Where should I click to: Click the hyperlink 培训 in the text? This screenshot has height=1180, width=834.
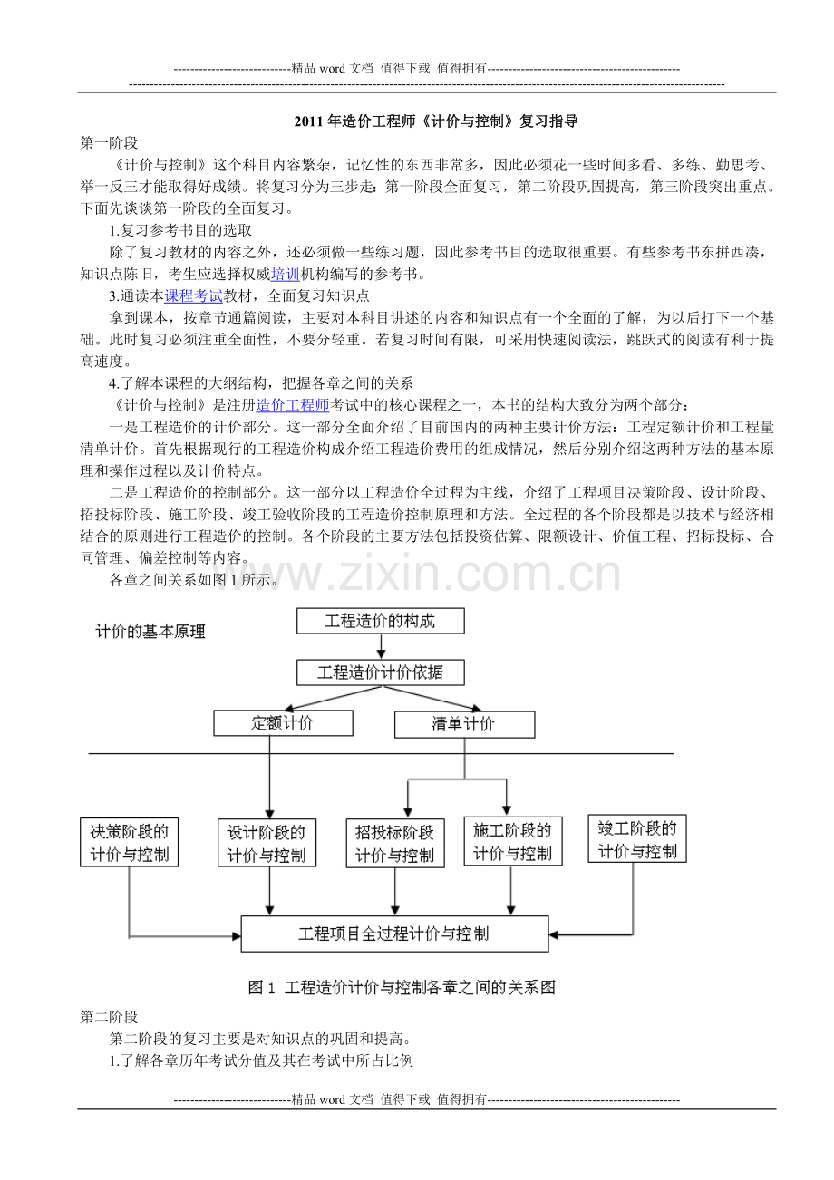pos(286,275)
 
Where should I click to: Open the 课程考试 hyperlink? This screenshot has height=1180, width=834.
pos(194,296)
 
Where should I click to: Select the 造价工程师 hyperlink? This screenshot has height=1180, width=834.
pos(292,405)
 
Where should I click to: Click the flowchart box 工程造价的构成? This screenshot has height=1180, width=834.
pos(381,621)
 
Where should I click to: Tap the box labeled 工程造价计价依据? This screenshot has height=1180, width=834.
pos(381,672)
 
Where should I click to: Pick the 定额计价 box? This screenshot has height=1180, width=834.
pos(283,723)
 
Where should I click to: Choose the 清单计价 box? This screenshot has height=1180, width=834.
pos(464,724)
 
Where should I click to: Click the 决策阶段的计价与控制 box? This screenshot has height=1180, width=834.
pos(130,842)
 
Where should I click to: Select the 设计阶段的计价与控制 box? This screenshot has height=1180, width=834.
pos(267,843)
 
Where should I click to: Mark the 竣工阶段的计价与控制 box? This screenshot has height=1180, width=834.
pos(637,838)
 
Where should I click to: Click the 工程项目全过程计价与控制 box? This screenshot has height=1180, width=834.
pos(394,933)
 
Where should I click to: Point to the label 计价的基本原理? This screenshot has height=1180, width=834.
pos(150,632)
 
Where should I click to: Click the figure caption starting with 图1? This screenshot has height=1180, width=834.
pos(402,988)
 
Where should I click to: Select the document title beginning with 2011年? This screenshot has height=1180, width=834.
pos(436,121)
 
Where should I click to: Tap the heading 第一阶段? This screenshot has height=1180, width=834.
pos(109,143)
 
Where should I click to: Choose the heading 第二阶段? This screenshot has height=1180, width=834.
pos(109,1017)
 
